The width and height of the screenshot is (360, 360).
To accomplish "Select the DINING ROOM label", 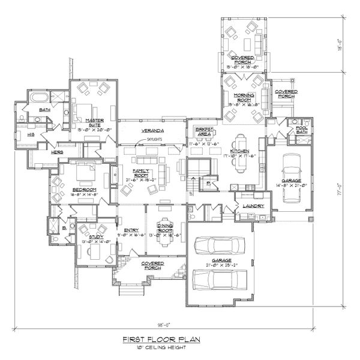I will tap(166, 226).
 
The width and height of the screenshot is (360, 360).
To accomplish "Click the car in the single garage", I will tap(291, 171).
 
